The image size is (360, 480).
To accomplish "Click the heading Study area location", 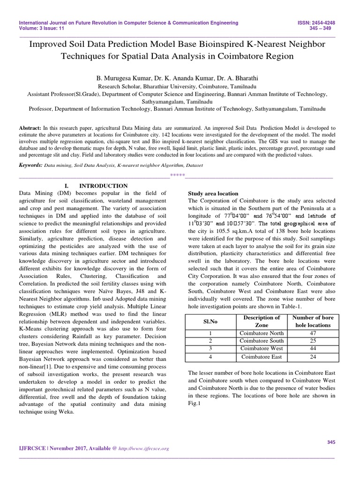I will pyautogui.click(x=213, y=193).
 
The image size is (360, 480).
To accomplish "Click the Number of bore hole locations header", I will pyautogui.click(x=312, y=321).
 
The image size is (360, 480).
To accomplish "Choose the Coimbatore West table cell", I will pyautogui.click(x=262, y=348).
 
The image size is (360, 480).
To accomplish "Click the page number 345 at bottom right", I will pyautogui.click(x=331, y=442).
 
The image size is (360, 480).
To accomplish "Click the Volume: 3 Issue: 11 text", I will pyautogui.click(x=42, y=29).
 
